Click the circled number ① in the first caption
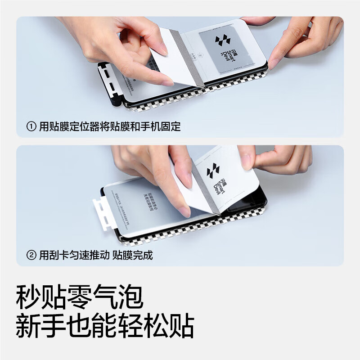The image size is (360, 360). click(31, 127)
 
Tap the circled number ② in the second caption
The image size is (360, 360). click(31, 255)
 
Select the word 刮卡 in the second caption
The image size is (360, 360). click(58, 255)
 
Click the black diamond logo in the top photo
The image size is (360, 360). click(222, 40)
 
